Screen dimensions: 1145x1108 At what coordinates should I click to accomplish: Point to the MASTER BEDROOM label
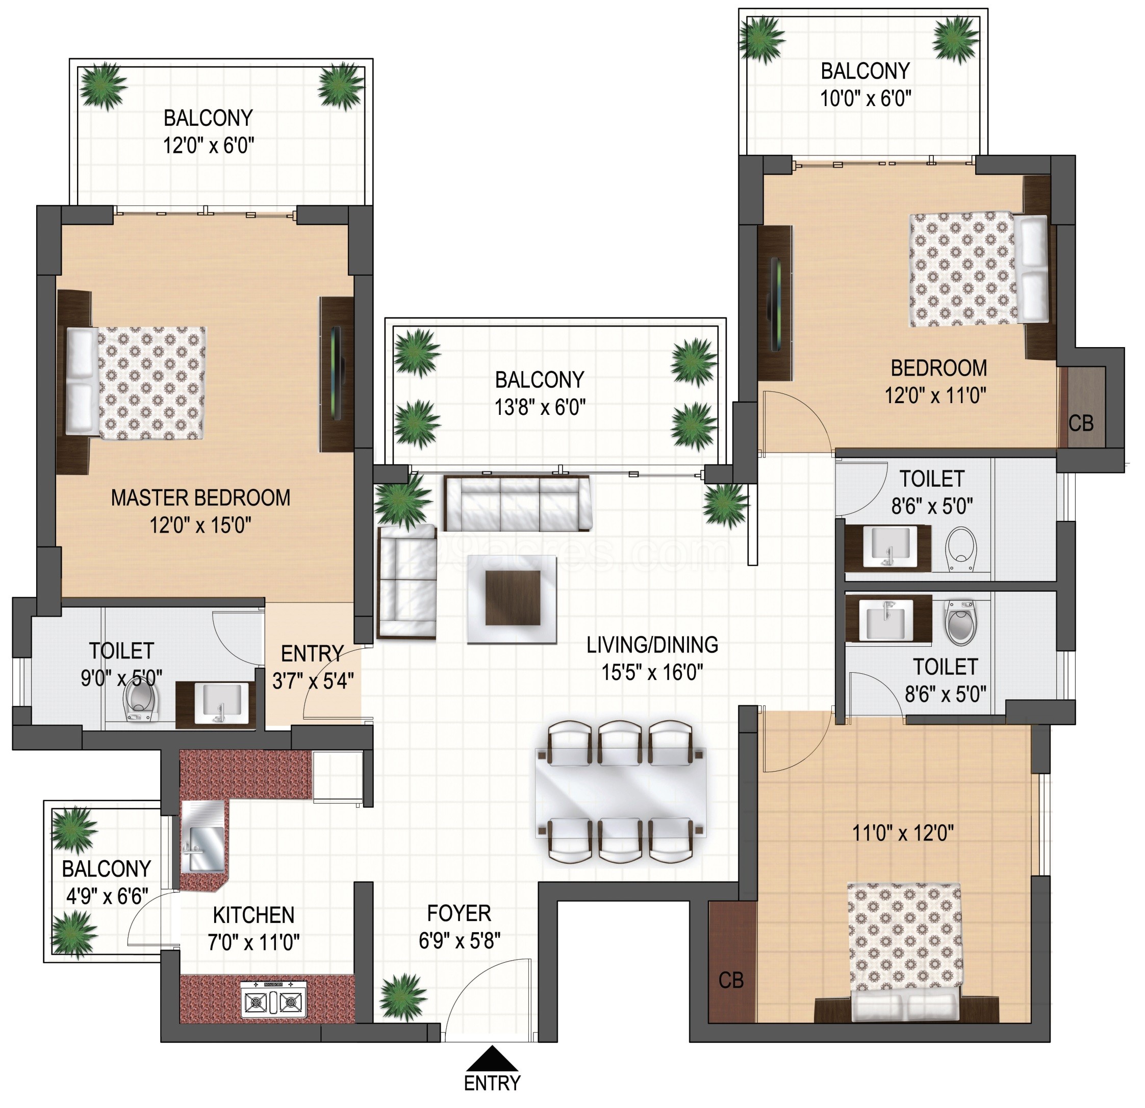coord(200,498)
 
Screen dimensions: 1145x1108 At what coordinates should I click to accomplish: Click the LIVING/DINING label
coord(652,645)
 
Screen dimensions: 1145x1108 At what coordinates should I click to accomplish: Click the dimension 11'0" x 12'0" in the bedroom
coord(903,834)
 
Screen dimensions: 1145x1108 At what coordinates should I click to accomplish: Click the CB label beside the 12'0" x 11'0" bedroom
coord(1081,423)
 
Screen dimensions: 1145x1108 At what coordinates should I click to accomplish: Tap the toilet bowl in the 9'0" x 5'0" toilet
coord(141,699)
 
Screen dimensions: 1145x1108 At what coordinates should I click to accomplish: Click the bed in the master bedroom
coord(136,383)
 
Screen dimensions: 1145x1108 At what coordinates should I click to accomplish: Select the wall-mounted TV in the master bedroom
coord(337,373)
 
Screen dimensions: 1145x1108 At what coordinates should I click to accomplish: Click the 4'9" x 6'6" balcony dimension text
coord(107,896)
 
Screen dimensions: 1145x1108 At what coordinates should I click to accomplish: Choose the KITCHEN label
coord(253,915)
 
